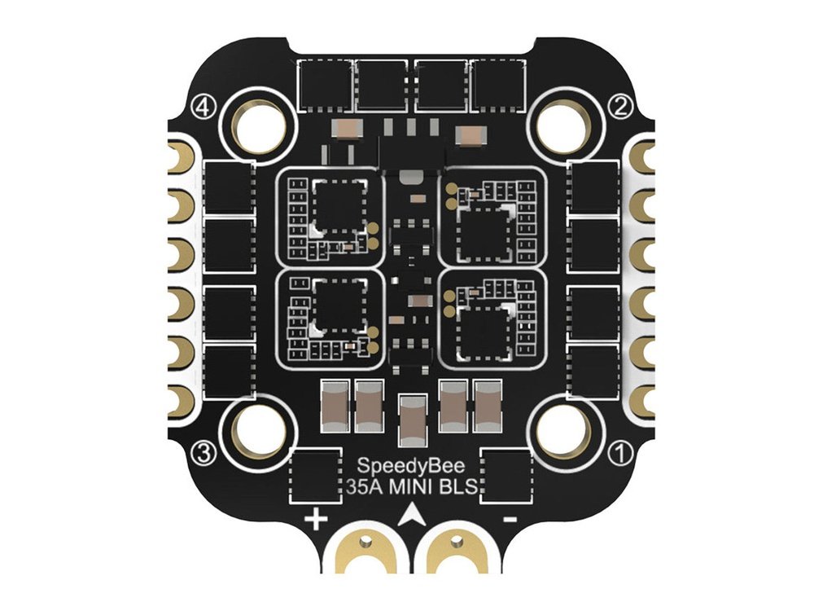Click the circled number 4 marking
(x=203, y=107)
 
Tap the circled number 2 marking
(x=622, y=107)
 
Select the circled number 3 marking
(x=203, y=453)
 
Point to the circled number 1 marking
(x=622, y=453)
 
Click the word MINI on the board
(x=414, y=488)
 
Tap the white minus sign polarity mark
(x=510, y=519)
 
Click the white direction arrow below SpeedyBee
(x=414, y=515)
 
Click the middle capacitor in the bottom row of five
(x=413, y=420)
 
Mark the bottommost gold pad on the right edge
(x=643, y=401)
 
